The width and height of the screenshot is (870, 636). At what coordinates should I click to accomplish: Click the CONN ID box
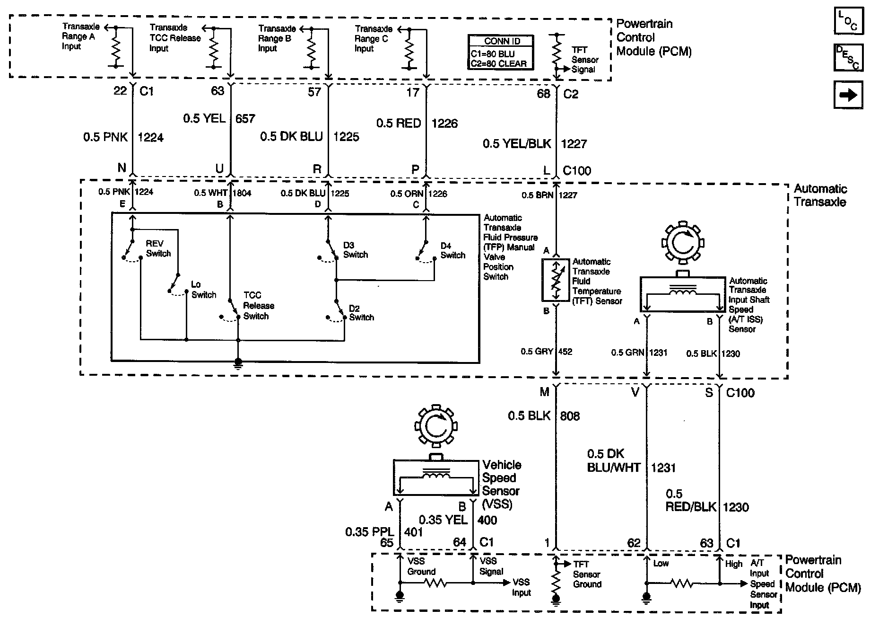501,53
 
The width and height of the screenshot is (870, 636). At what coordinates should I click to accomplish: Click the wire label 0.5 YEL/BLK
517,143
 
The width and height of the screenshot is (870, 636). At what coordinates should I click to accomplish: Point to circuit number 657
245,118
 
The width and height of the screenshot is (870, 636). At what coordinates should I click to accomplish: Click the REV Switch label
158,249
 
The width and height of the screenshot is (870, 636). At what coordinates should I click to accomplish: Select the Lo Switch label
204,290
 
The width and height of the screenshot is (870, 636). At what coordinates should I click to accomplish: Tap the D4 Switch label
452,251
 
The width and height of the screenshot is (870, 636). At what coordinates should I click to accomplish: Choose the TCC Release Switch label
259,306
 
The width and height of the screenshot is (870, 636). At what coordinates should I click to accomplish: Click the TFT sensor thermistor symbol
556,280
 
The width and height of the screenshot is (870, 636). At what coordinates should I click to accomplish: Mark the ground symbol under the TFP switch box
238,362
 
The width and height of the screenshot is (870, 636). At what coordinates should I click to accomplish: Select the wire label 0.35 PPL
369,532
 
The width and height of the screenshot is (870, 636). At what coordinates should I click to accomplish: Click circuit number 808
570,416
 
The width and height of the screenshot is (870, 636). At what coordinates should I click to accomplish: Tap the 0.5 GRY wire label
537,352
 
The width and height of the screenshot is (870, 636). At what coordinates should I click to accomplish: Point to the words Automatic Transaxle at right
820,195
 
